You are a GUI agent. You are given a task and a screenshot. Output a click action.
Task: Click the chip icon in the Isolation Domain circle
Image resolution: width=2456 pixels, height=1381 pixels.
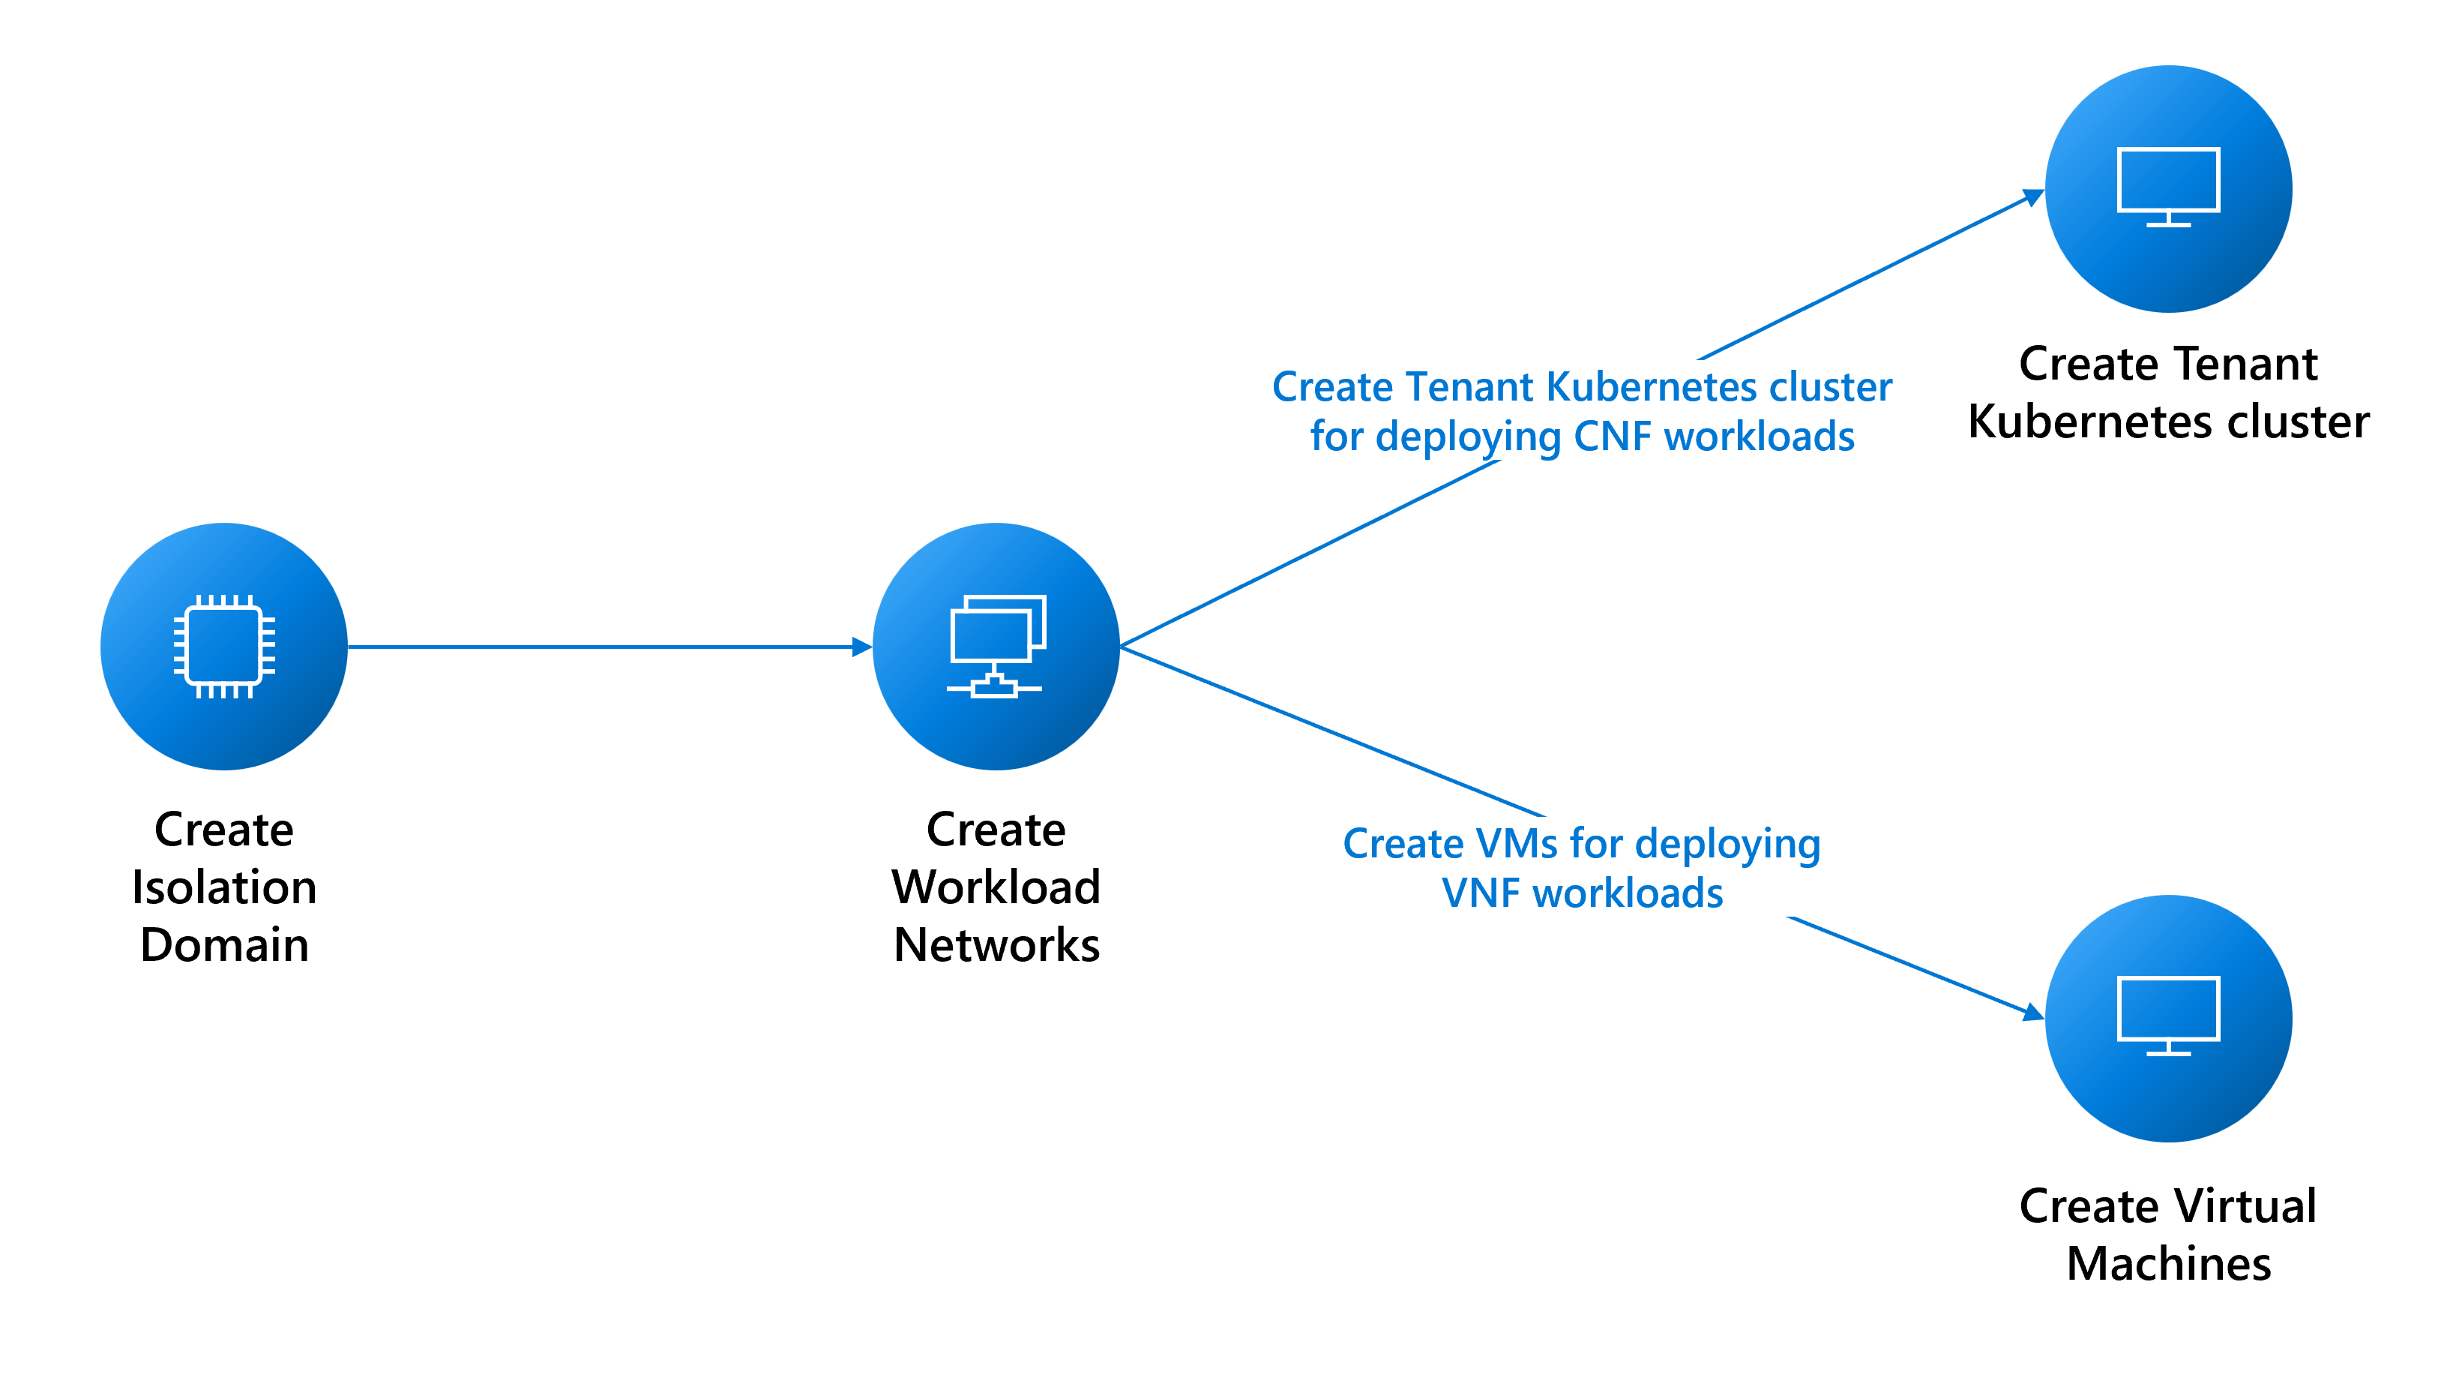[224, 647]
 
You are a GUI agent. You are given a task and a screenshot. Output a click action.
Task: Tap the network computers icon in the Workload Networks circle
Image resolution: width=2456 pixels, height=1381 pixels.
[996, 646]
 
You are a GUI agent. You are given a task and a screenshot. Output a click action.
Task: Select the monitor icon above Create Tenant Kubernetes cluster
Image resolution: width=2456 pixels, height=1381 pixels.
[2168, 186]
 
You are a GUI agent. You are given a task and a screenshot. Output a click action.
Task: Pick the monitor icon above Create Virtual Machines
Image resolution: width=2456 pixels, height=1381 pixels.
[2168, 1015]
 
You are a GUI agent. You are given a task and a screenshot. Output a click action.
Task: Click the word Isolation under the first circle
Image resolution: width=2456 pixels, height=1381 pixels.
[224, 887]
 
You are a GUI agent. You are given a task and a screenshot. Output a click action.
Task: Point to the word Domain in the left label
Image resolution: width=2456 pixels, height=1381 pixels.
[224, 945]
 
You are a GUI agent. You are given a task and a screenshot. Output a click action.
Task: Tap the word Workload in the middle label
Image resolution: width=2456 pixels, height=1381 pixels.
[996, 887]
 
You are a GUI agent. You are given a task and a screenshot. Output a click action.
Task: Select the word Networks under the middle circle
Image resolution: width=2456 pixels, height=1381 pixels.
[996, 945]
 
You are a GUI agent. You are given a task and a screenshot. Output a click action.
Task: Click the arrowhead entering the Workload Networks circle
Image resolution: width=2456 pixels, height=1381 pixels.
[862, 647]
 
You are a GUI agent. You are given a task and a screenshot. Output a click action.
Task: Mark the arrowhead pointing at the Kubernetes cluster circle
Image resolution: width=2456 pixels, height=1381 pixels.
[2034, 197]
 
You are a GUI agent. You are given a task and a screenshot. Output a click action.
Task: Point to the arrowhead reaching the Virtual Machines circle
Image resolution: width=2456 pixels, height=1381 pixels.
[2034, 1013]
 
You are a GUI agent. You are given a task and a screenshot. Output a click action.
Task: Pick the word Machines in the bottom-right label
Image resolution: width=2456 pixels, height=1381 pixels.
[2168, 1264]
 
